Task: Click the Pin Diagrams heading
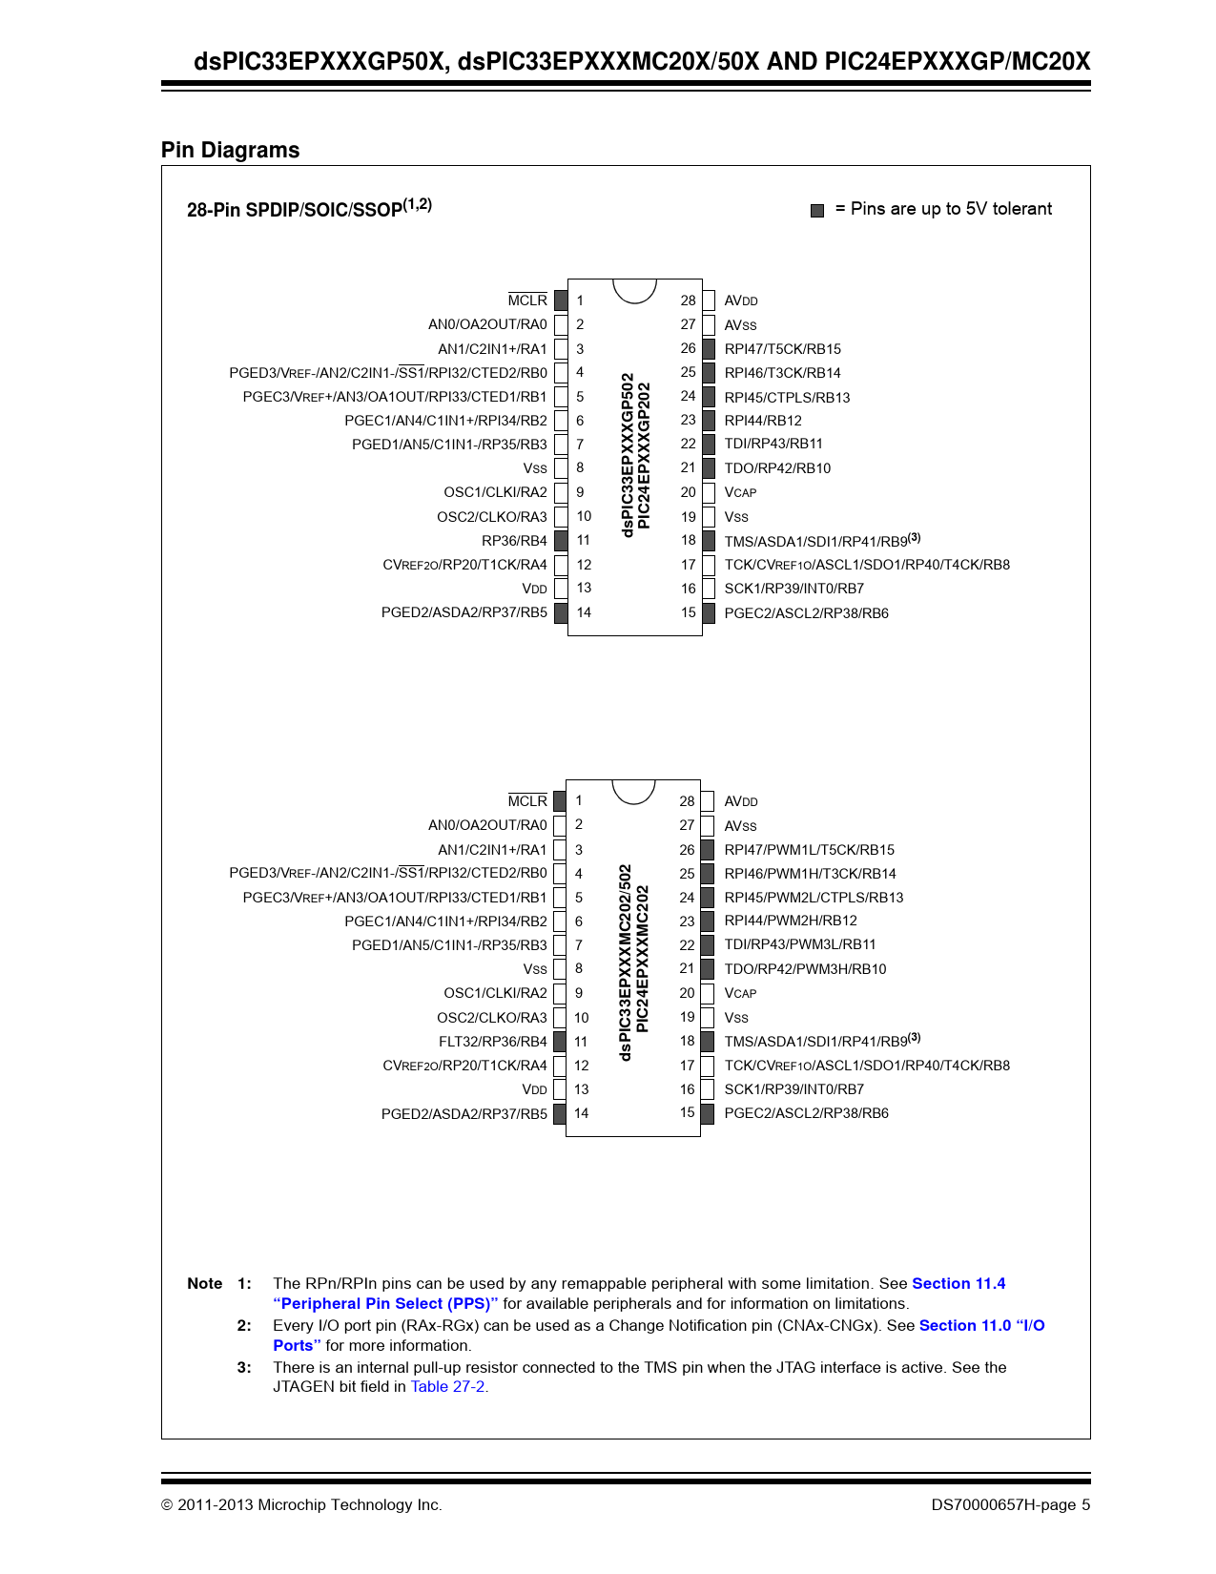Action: point(230,150)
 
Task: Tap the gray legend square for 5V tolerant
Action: point(817,210)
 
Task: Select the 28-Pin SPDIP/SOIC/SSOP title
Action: point(309,208)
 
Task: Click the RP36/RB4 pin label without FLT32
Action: point(514,541)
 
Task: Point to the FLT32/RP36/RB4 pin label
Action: point(492,1042)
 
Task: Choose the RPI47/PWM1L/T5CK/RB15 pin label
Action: point(809,850)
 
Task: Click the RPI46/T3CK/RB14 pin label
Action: point(782,373)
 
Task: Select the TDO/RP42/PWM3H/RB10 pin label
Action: point(805,969)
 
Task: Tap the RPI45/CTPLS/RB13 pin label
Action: point(787,398)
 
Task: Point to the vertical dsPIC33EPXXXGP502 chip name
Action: point(628,455)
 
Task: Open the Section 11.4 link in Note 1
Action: point(958,1284)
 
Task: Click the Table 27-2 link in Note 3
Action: point(447,1387)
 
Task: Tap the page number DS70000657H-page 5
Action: point(1010,1505)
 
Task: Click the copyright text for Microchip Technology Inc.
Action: point(301,1505)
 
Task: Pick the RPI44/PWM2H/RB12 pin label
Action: point(791,921)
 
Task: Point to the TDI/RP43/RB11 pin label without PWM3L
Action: point(773,444)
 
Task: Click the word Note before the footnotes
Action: point(204,1284)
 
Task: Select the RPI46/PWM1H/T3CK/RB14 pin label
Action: point(810,874)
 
